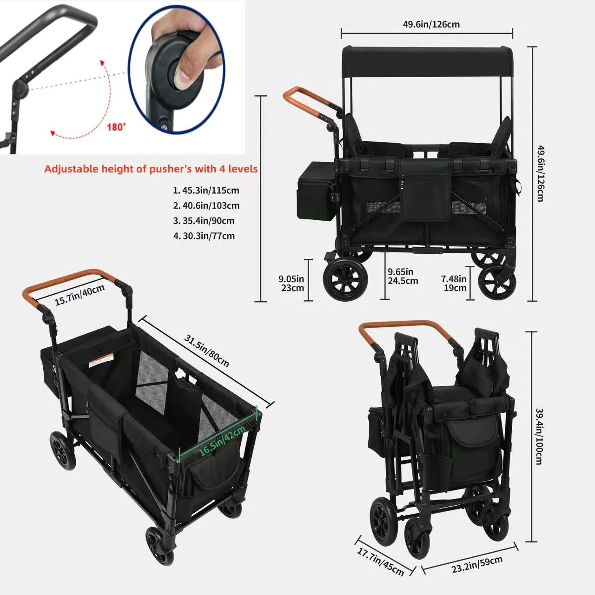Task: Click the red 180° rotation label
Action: [116, 127]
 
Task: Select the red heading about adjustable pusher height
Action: [151, 169]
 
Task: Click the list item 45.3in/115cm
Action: [206, 190]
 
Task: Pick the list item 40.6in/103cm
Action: [206, 205]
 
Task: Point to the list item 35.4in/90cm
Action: [204, 221]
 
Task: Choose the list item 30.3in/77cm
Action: [204, 236]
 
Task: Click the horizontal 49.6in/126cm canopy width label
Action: [431, 24]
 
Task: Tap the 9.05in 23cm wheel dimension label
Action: [291, 283]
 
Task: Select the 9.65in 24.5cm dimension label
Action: [403, 276]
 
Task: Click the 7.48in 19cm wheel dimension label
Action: [454, 283]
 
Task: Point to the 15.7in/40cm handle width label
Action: [79, 295]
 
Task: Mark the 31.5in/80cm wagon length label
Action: [206, 351]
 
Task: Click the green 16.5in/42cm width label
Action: [222, 440]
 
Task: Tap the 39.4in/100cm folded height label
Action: [539, 436]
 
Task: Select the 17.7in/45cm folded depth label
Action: [380, 562]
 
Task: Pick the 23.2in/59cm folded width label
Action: [477, 564]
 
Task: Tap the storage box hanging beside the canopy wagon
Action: [317, 191]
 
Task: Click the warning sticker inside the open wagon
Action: [101, 361]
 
